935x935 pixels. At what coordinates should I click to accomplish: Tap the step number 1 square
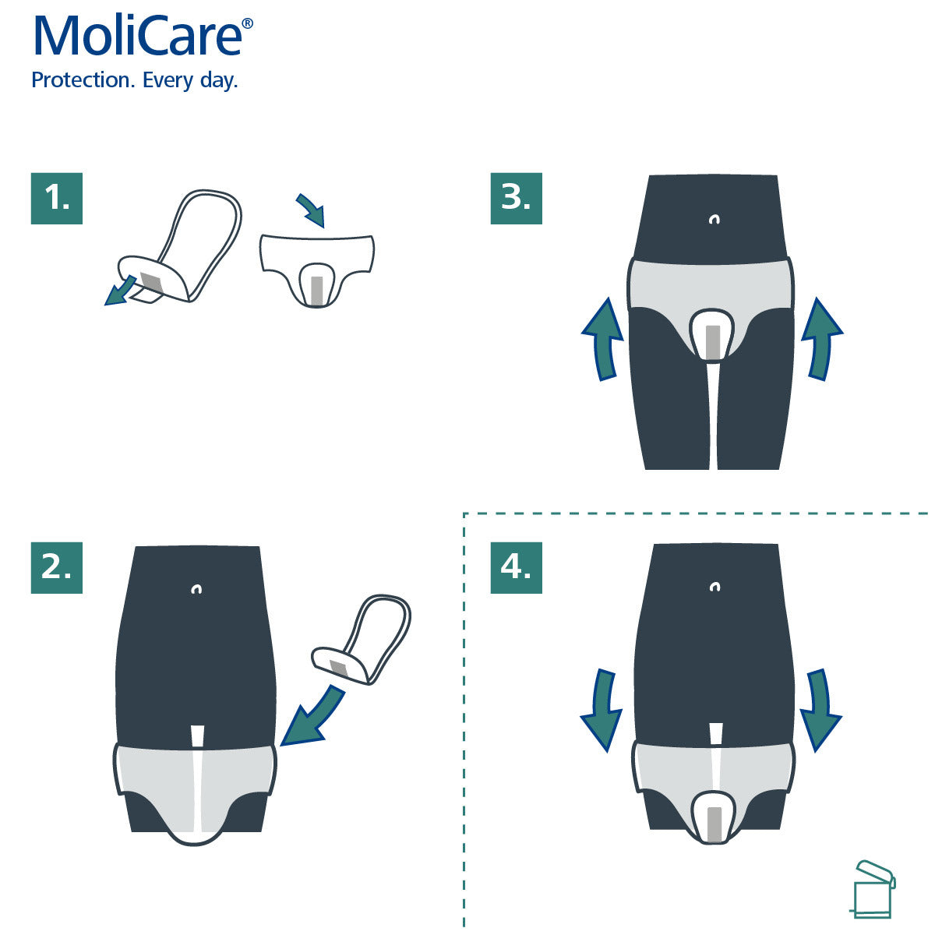57,199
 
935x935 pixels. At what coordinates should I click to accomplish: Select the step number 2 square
57,567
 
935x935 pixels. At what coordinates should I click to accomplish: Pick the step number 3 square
516,199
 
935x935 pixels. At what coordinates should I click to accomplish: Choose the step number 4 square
516,567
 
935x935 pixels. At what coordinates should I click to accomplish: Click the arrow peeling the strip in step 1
119,293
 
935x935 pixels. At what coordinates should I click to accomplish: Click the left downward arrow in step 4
602,707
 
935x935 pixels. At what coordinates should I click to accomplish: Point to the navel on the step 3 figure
714,220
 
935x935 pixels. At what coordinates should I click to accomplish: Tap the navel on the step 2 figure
197,590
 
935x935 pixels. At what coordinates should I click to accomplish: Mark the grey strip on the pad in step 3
713,341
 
